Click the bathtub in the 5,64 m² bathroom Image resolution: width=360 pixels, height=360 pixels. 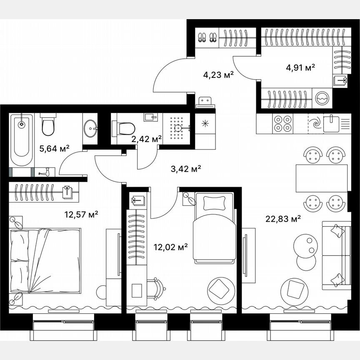tap(21, 139)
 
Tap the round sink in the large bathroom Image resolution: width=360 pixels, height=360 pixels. tap(90, 129)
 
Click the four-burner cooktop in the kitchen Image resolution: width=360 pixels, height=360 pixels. tap(282, 123)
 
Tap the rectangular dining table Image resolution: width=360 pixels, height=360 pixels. tap(321, 178)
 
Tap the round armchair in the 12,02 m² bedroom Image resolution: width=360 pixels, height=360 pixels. tap(220, 288)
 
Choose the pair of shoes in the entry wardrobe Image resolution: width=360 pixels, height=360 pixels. tap(207, 37)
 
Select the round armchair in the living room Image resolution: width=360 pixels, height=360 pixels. tap(295, 288)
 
